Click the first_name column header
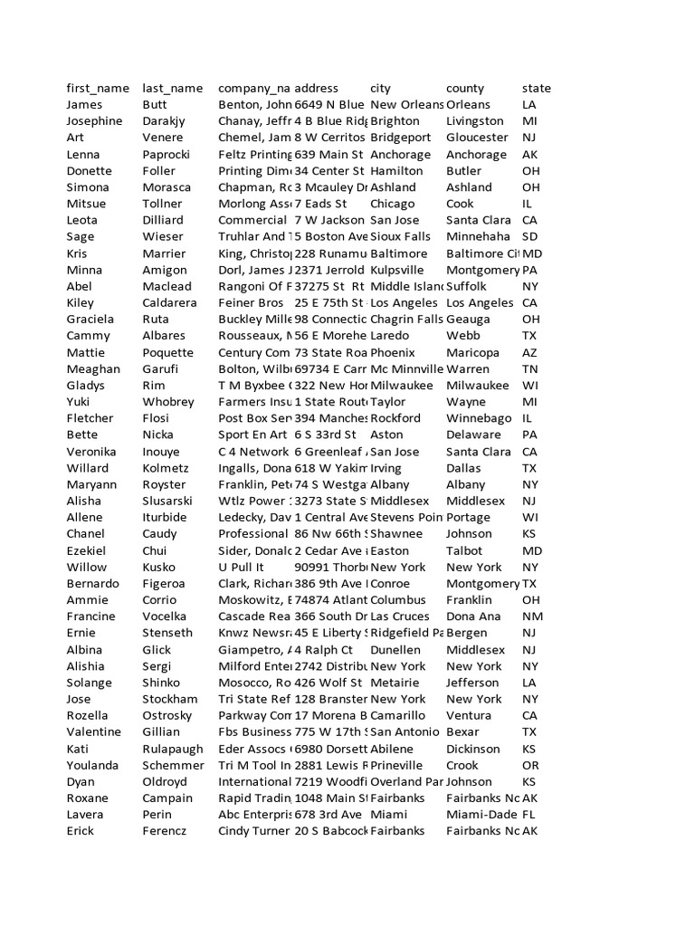pos(98,88)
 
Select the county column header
pos(465,88)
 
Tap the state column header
pos(536,88)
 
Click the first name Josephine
pos(94,121)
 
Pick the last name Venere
pos(163,138)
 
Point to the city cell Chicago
pos(393,204)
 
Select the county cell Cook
pos(460,204)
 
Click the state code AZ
pos(530,352)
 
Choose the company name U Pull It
pos(240,567)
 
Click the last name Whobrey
pos(168,402)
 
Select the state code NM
pos(531,616)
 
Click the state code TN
pos(530,368)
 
